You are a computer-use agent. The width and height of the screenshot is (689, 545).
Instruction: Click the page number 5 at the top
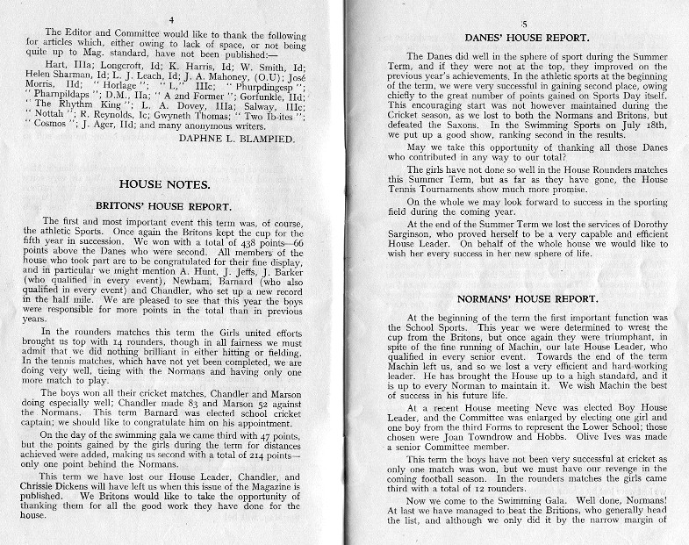[525, 25]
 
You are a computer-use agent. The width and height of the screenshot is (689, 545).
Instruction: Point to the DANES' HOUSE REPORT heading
[526, 39]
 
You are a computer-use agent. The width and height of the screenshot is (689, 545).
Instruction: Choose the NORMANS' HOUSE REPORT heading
[527, 299]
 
